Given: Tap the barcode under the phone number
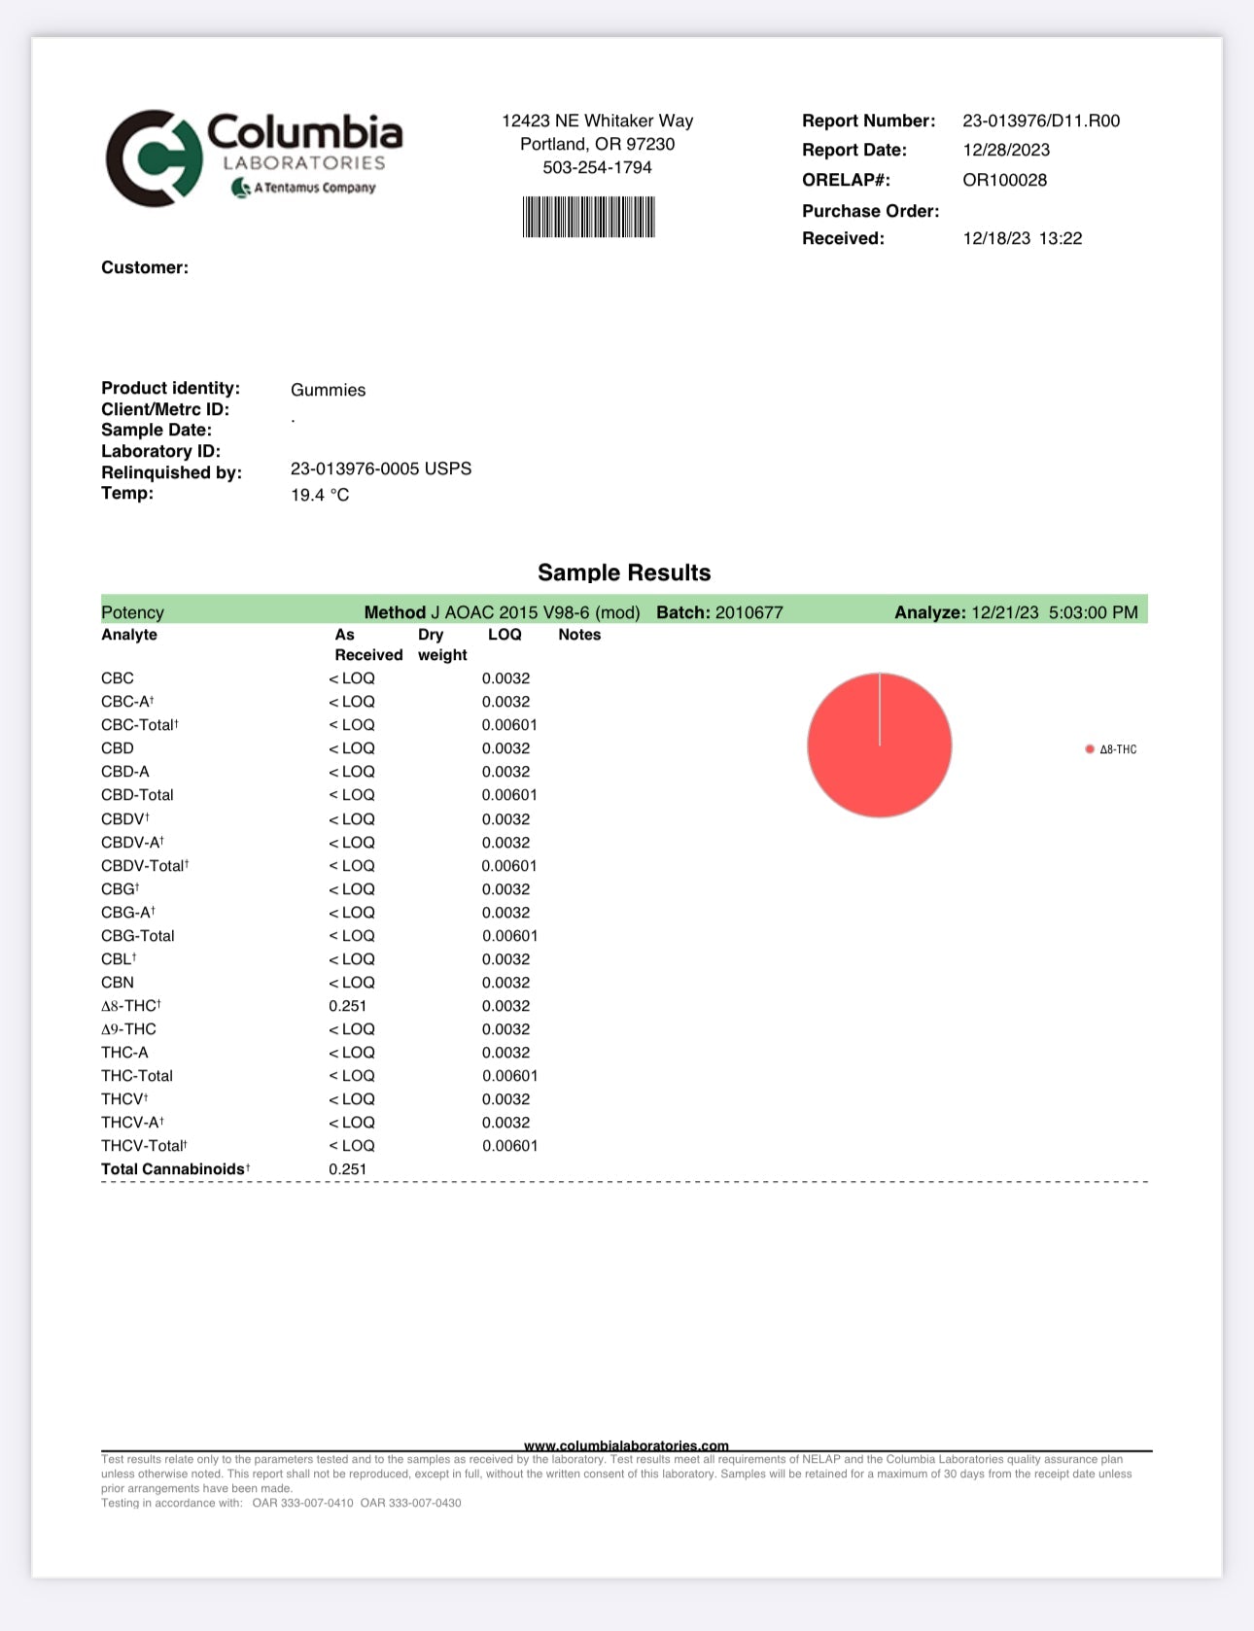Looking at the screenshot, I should click(x=589, y=217).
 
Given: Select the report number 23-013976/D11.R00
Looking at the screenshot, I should click(x=1041, y=121).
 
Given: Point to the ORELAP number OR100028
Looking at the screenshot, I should click(x=1004, y=180).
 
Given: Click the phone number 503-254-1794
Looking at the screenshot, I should click(x=597, y=167).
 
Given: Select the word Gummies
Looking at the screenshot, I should click(x=328, y=390).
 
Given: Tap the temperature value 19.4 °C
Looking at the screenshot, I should click(x=320, y=495).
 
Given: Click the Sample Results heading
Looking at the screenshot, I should click(x=624, y=573).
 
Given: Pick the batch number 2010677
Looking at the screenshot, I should click(x=749, y=612).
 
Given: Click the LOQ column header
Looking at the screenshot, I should click(x=505, y=635).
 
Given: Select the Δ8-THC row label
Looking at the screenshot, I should click(x=130, y=1006).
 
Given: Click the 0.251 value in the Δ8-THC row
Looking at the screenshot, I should click(x=347, y=1006).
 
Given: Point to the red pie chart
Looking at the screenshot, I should click(x=879, y=745).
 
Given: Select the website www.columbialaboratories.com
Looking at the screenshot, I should click(x=626, y=1445).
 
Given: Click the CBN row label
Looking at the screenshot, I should click(x=118, y=983).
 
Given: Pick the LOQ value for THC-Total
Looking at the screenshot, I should click(x=509, y=1076).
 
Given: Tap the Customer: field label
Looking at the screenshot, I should click(x=145, y=267).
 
